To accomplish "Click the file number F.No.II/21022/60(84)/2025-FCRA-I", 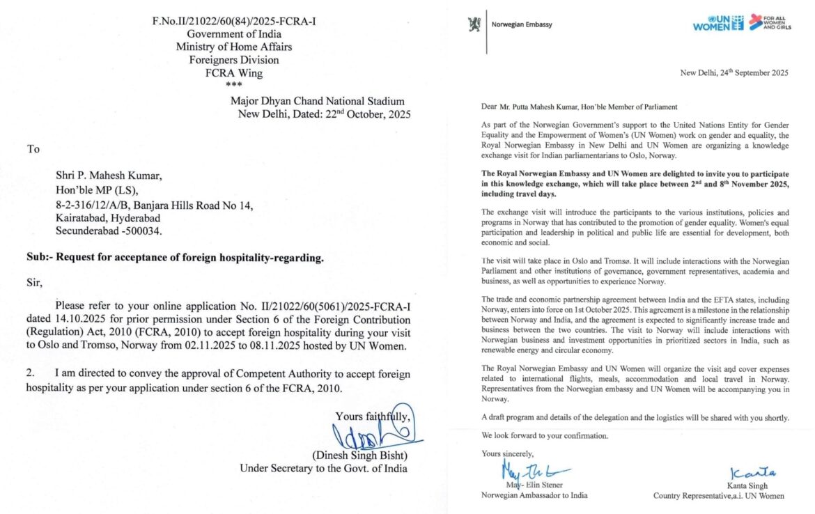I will [233, 22].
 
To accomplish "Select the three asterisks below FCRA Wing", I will [233, 84].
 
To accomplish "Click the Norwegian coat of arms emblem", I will [474, 24].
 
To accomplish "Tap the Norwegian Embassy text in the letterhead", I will [522, 25].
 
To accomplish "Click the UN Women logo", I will [718, 23].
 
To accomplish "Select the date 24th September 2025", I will [733, 73].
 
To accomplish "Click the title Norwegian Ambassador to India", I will [534, 495].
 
